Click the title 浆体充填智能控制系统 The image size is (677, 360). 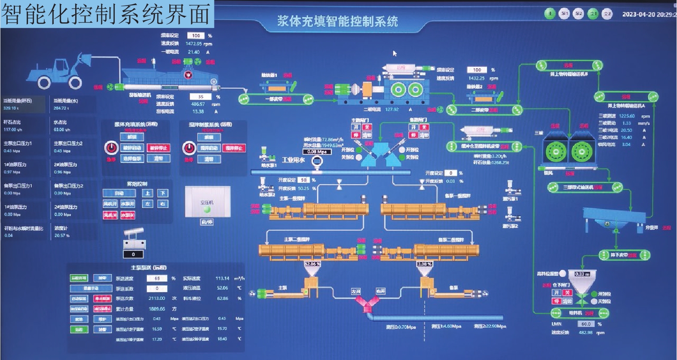337,21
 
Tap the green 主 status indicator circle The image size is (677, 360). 550,14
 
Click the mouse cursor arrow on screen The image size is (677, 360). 395,53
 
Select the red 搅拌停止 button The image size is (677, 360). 233,148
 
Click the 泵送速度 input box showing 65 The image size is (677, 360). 157,278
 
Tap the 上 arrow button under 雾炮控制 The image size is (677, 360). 148,193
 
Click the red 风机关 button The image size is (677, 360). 110,215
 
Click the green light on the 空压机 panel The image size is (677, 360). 207,209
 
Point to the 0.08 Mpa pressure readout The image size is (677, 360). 317,152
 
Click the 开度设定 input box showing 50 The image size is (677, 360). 303,180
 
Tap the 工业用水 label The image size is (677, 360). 293,160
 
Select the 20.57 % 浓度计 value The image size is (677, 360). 62,236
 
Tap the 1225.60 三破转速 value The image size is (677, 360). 627,116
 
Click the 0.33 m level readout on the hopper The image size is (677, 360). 582,274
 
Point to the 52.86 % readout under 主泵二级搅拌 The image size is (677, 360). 312,264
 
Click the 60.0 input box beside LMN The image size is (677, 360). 586,324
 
